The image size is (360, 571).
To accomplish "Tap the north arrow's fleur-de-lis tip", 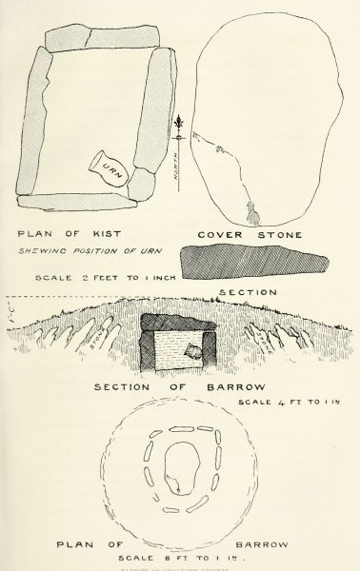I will pyautogui.click(x=178, y=124).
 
